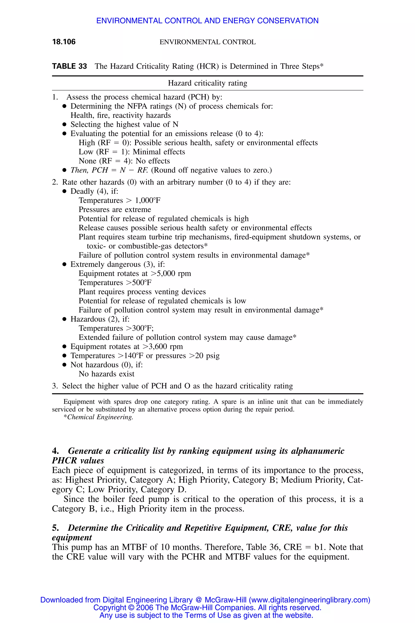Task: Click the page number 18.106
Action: (64, 42)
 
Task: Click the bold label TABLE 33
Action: (69, 66)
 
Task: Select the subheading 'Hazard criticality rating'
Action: (207, 83)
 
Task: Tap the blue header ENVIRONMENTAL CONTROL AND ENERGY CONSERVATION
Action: (207, 21)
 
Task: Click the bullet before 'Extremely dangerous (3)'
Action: (64, 264)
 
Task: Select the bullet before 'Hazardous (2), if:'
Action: (64, 319)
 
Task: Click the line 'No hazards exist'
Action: (106, 374)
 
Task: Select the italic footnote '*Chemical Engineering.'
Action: (98, 417)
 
